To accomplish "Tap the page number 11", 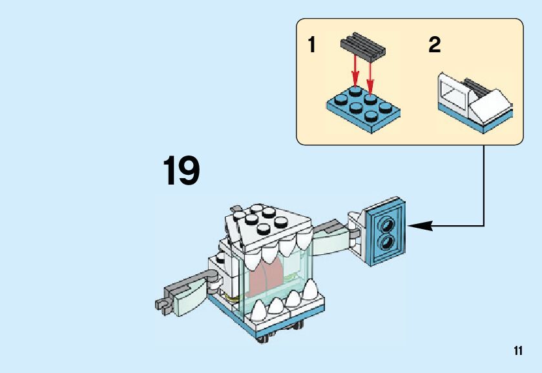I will (x=517, y=350).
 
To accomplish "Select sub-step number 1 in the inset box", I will (x=312, y=46).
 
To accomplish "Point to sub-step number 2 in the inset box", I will (x=435, y=46).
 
